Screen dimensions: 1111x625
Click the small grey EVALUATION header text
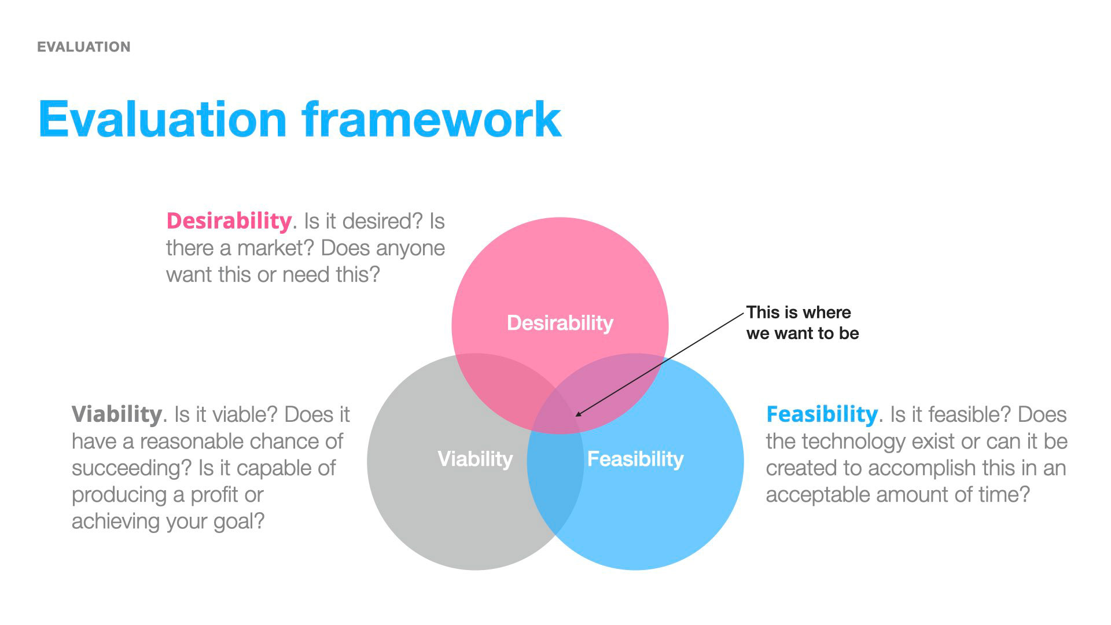pyautogui.click(x=84, y=47)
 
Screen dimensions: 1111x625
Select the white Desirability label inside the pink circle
pyautogui.click(x=560, y=323)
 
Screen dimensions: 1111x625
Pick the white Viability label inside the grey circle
pyautogui.click(x=476, y=459)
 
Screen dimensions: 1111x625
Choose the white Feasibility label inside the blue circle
pyautogui.click(x=635, y=459)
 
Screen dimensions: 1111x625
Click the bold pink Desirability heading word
pyautogui.click(x=229, y=221)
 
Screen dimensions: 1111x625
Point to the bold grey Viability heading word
pyautogui.click(x=116, y=414)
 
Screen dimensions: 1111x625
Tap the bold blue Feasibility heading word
pyautogui.click(x=822, y=414)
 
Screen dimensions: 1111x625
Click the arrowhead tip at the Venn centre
pyautogui.click(x=576, y=416)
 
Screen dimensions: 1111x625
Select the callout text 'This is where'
pyautogui.click(x=799, y=312)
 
